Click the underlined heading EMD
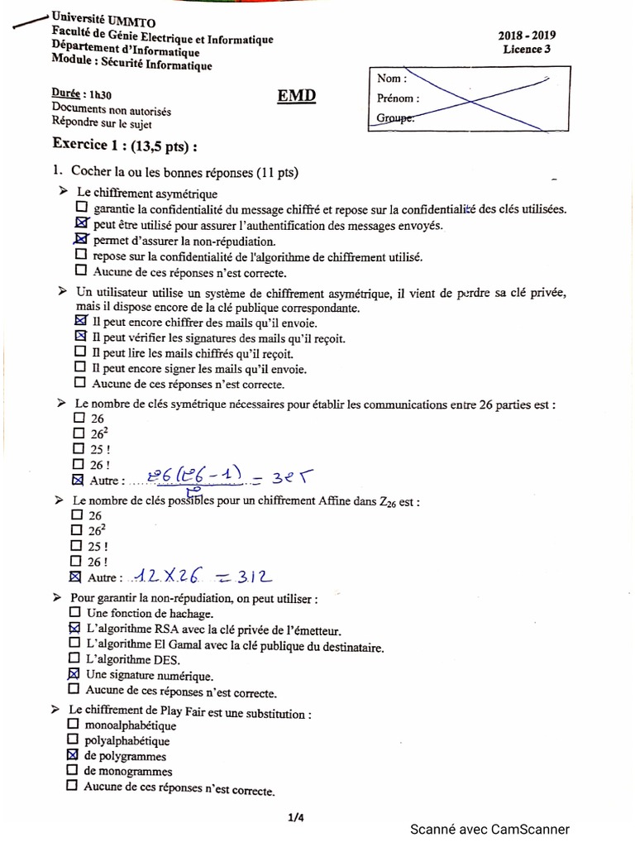[296, 97]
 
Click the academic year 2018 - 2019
[526, 36]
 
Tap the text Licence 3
[526, 50]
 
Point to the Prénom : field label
[398, 98]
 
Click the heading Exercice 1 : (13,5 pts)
[125, 144]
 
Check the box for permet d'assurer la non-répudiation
[81, 240]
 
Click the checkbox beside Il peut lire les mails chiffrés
[80, 352]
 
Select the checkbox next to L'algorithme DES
[75, 658]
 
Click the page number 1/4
[296, 818]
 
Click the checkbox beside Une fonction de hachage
[75, 613]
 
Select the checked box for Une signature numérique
[74, 674]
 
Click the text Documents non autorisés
[112, 109]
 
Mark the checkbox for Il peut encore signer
[80, 367]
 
